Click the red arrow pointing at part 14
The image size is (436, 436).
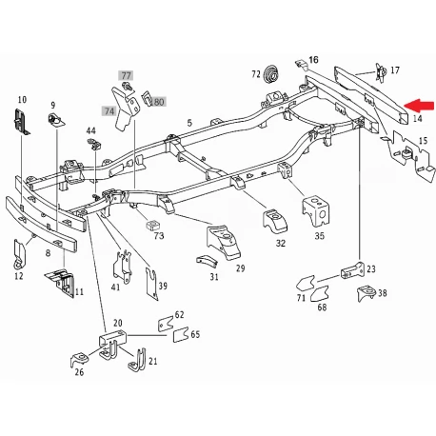[x=419, y=106]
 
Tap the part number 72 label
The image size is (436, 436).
[x=256, y=74]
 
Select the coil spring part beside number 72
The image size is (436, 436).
[x=271, y=73]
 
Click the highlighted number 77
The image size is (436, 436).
[x=126, y=75]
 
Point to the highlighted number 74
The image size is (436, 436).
[x=109, y=111]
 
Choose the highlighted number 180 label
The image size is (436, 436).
[x=158, y=102]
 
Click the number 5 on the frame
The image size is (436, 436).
[x=189, y=123]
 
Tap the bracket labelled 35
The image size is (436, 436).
[x=316, y=211]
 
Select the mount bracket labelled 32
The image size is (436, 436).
[x=274, y=221]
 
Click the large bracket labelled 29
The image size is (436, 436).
[x=223, y=241]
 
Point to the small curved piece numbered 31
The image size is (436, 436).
[x=207, y=260]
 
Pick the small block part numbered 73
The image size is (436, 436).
[x=153, y=226]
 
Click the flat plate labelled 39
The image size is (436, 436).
[x=151, y=284]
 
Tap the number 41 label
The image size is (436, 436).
[x=115, y=287]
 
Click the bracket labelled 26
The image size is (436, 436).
[x=79, y=360]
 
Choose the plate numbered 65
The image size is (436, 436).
[x=181, y=335]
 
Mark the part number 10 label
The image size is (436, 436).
[x=22, y=100]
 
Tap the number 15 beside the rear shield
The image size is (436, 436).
[x=424, y=140]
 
